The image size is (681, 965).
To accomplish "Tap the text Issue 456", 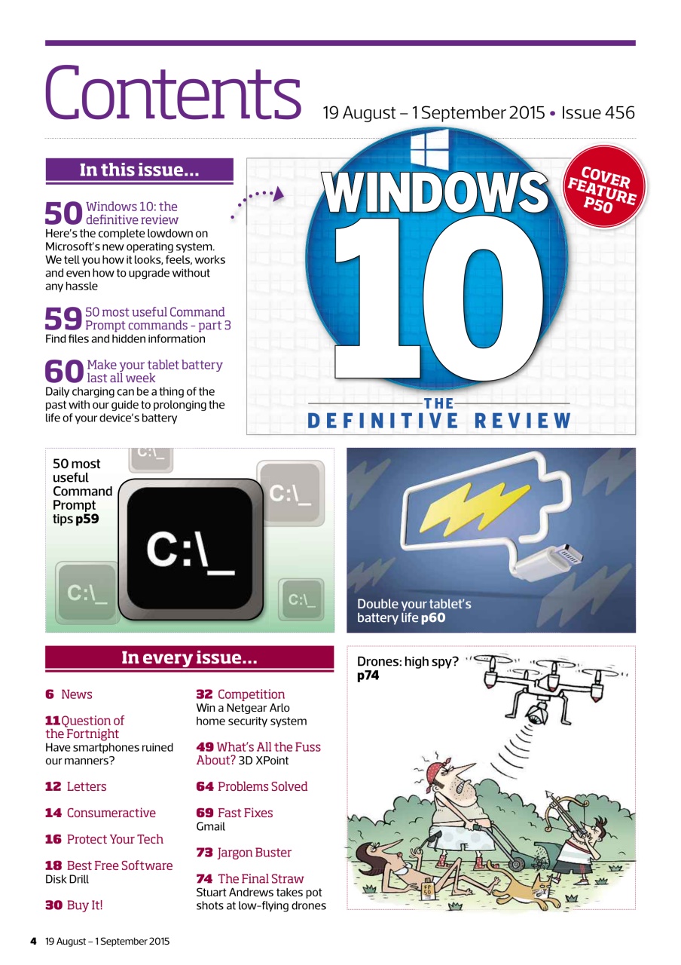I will point(600,113).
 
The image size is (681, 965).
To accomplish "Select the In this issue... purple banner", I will point(139,170).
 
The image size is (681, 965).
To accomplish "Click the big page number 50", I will point(63,214).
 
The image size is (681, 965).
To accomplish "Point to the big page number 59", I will point(63,320).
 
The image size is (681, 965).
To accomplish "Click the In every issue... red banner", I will point(189,658).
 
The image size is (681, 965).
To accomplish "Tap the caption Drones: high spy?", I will point(408,662).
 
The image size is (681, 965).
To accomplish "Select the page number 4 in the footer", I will point(33,941).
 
